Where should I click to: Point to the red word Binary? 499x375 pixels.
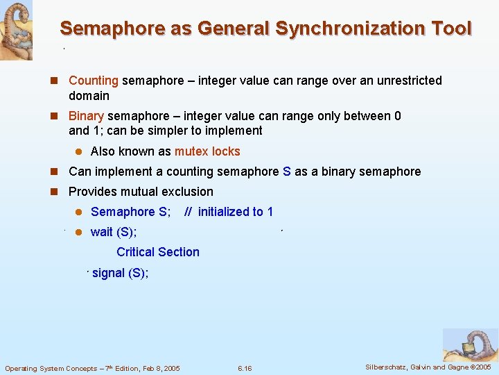tap(86, 116)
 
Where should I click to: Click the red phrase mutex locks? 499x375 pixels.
tap(207, 151)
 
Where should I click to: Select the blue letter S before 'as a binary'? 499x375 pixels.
tap(287, 172)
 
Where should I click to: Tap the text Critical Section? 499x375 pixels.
tap(158, 252)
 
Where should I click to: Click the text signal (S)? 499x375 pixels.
tap(120, 273)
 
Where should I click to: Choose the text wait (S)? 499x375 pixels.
tap(114, 232)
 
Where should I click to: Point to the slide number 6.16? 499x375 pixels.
tap(245, 368)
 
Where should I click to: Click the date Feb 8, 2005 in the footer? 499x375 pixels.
tap(158, 368)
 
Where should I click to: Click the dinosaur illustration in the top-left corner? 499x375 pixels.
tap(15, 29)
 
